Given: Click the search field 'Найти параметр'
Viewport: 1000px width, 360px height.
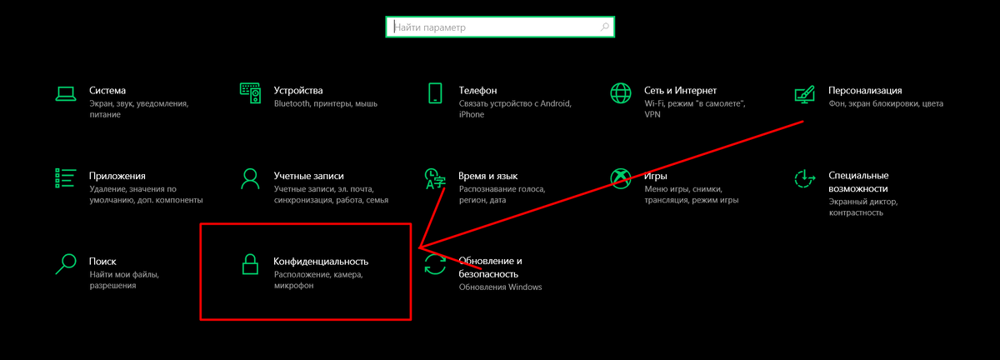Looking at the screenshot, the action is [x=492, y=27].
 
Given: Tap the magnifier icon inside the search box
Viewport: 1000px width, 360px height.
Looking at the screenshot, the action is [x=605, y=27].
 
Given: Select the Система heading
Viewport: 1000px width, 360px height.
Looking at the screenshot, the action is [x=107, y=90].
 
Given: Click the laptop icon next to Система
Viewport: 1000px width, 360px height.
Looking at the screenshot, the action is [x=65, y=92].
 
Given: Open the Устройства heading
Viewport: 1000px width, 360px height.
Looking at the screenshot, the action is [x=297, y=90].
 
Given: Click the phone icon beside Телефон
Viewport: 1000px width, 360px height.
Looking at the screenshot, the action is [x=434, y=92].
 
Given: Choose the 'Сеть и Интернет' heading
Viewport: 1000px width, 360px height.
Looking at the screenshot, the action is [x=680, y=90].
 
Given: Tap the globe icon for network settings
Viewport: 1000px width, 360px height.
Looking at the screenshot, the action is [x=620, y=92].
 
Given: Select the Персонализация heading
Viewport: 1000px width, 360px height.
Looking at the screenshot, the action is [x=865, y=90].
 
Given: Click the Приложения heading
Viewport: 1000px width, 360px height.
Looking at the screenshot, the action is [x=117, y=176].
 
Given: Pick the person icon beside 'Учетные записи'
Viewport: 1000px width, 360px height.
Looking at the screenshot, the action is [x=250, y=178].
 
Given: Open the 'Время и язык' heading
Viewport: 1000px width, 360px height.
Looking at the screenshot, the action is [x=488, y=176].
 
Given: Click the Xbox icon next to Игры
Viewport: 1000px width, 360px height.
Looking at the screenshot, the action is [x=620, y=178].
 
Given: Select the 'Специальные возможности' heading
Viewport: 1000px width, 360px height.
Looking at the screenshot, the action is [x=858, y=182].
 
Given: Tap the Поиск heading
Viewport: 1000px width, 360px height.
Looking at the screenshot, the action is [x=102, y=261].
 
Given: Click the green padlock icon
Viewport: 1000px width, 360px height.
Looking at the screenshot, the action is [x=250, y=264].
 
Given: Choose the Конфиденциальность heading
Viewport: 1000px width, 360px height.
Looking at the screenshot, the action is [x=321, y=262].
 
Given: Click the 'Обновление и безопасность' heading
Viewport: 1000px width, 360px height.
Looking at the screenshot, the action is [x=490, y=267].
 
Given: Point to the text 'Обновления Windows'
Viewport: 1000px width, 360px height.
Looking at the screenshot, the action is [x=500, y=287].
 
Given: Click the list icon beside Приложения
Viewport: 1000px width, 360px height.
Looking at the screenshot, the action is [x=65, y=178].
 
